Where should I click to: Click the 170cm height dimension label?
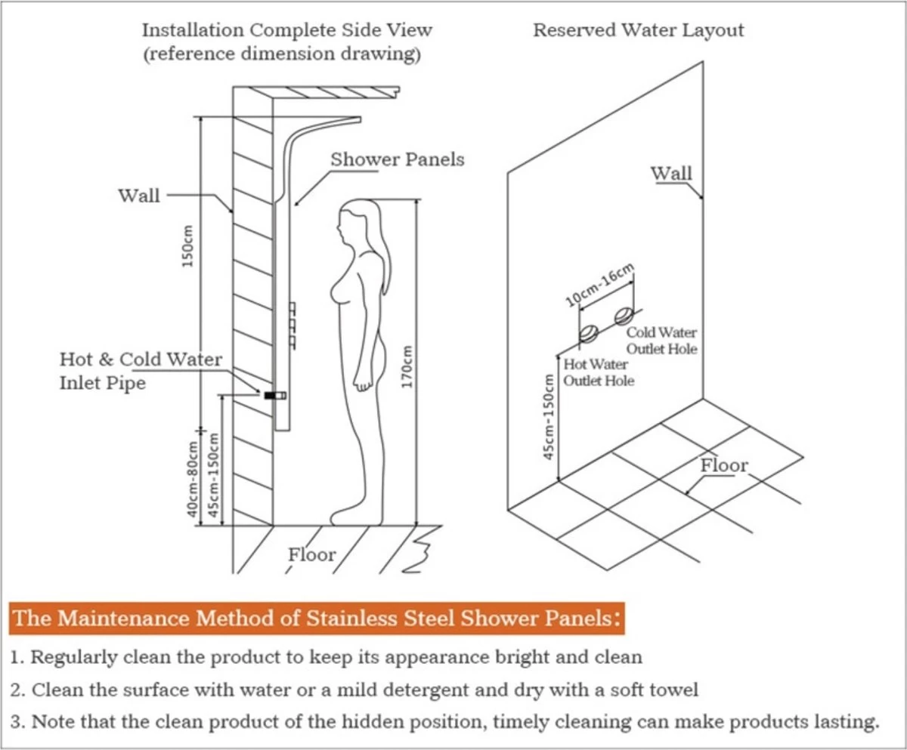click(x=407, y=368)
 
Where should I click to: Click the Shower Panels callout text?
click(x=397, y=160)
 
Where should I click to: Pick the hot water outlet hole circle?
click(x=589, y=332)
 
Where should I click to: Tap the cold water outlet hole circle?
click(x=624, y=315)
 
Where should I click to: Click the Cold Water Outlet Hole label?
click(x=661, y=341)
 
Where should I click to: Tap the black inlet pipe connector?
click(x=274, y=395)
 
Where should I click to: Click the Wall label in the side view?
click(x=139, y=196)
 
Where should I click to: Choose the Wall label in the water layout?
click(x=671, y=173)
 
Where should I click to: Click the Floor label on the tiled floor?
click(x=723, y=465)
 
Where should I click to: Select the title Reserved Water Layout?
click(x=638, y=30)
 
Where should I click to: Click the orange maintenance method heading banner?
click(x=317, y=618)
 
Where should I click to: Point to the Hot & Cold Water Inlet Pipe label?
click(x=141, y=370)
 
